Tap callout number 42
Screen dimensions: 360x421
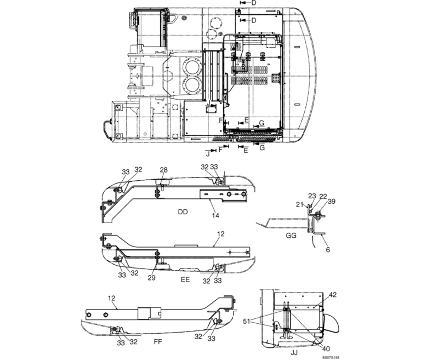[332, 295]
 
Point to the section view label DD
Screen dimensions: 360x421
[183, 211]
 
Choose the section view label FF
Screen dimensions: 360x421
[158, 341]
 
